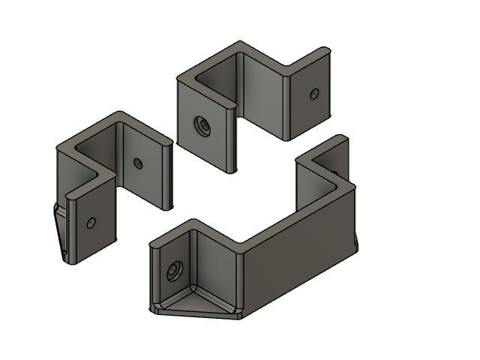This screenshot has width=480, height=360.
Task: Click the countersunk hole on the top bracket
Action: pyautogui.click(x=201, y=126)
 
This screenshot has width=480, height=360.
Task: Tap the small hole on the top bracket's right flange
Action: pyautogui.click(x=314, y=94)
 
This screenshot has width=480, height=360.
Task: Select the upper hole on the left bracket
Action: pyautogui.click(x=137, y=163)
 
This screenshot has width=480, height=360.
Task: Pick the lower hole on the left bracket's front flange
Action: pyautogui.click(x=91, y=223)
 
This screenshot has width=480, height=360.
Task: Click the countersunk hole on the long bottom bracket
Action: pyautogui.click(x=175, y=270)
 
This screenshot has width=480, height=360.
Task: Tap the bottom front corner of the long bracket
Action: pyautogui.click(x=238, y=315)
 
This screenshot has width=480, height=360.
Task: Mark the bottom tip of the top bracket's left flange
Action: pyautogui.click(x=233, y=171)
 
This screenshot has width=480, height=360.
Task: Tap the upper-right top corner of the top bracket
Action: pyautogui.click(x=325, y=50)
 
